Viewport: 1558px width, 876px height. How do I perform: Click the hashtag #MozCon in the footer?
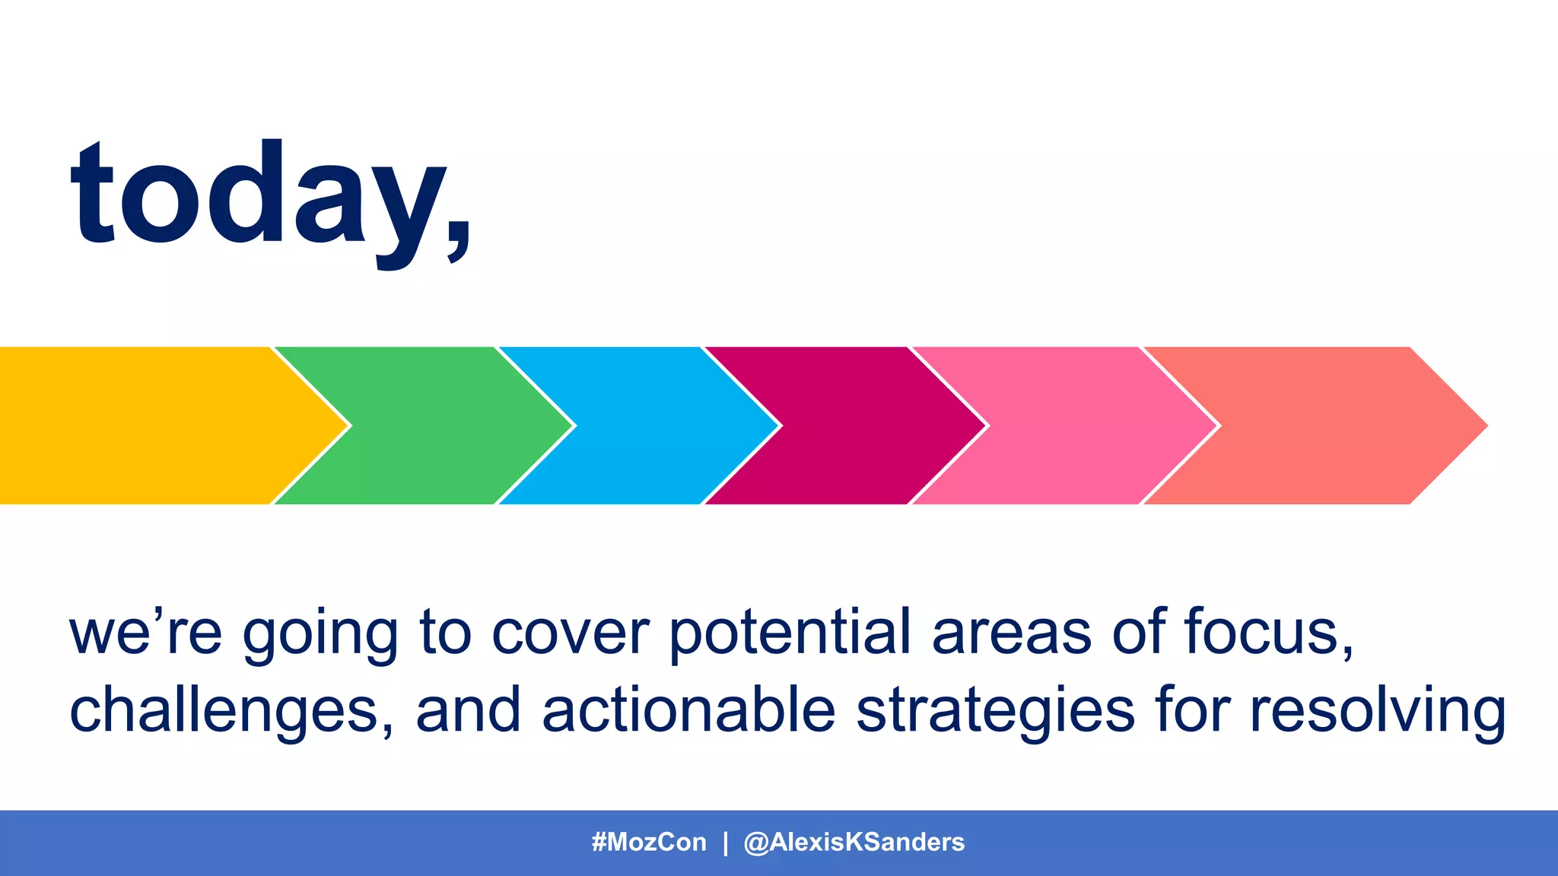pos(649,843)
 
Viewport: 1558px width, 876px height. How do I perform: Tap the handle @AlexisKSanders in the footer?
pos(854,843)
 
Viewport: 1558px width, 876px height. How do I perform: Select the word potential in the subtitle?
pos(790,633)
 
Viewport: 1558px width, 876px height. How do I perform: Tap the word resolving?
pos(1377,711)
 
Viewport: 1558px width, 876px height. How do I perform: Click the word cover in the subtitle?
pos(571,634)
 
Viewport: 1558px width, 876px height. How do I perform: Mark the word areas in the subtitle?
pos(1012,634)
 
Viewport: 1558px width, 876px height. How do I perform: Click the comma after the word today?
pos(459,241)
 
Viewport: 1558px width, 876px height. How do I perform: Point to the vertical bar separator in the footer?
pos(725,843)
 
